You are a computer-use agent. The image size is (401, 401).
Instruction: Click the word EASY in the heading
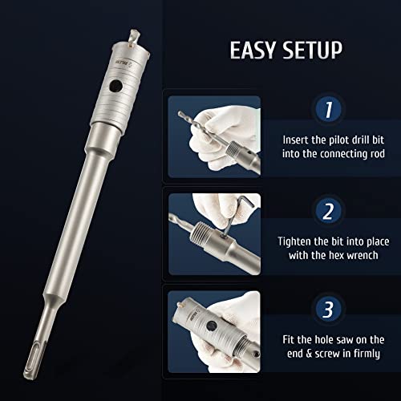click(253, 50)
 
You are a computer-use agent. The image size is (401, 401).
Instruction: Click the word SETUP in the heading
click(313, 50)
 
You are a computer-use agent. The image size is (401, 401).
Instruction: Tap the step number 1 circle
click(329, 109)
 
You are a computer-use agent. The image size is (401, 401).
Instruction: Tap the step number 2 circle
click(329, 211)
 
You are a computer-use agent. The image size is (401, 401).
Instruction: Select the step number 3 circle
click(329, 310)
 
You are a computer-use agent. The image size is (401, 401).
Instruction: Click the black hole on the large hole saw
click(116, 86)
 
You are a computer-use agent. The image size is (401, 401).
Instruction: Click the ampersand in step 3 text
click(309, 354)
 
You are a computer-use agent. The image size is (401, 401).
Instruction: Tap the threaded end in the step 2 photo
click(202, 232)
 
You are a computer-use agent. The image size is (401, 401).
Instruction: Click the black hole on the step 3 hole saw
click(211, 326)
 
